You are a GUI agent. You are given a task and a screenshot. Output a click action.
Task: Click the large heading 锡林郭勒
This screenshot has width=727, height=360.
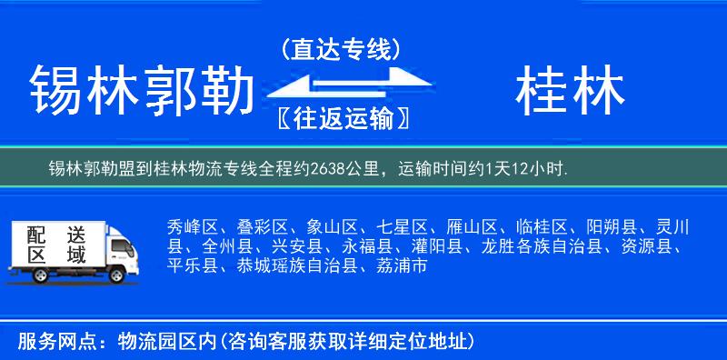click(140, 92)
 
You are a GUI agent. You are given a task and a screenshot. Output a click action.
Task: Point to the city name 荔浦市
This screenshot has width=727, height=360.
click(402, 266)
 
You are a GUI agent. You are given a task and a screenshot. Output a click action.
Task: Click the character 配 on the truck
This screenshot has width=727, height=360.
click(35, 234)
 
